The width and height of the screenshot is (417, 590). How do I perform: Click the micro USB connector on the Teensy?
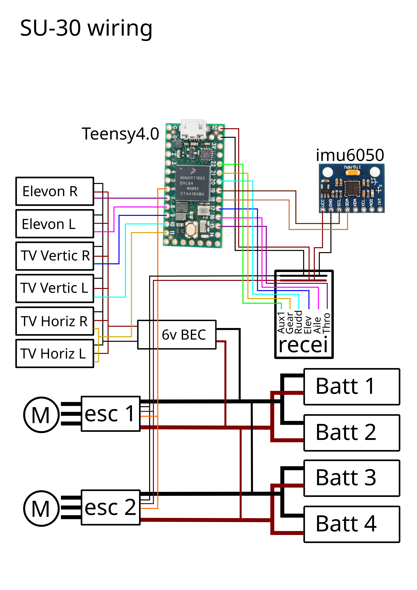point(193,128)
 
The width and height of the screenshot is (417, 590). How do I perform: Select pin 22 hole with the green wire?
point(220,164)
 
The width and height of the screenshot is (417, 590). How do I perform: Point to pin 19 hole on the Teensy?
point(219,191)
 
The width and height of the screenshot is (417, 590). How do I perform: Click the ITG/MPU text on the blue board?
point(352,167)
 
